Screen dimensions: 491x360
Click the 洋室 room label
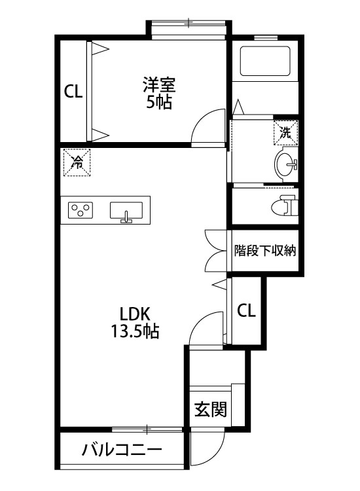(160, 84)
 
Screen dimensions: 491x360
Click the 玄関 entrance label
(210, 410)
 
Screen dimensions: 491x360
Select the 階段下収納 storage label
(265, 250)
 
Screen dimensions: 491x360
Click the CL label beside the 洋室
(73, 92)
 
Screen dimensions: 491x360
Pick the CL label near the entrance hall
(246, 310)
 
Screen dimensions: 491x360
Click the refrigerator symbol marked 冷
(77, 163)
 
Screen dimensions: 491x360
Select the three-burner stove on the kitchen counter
(81, 210)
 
